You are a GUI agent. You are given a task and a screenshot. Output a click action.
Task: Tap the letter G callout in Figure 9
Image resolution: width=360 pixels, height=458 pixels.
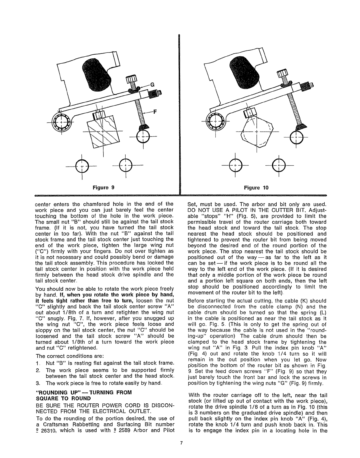point(152,84)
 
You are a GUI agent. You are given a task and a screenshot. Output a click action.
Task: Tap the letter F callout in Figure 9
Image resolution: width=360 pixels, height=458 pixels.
point(155,113)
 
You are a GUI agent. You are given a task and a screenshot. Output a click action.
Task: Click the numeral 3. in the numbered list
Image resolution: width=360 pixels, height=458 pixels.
point(38,383)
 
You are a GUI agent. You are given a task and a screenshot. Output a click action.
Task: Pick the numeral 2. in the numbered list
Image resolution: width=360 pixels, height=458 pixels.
point(38,370)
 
